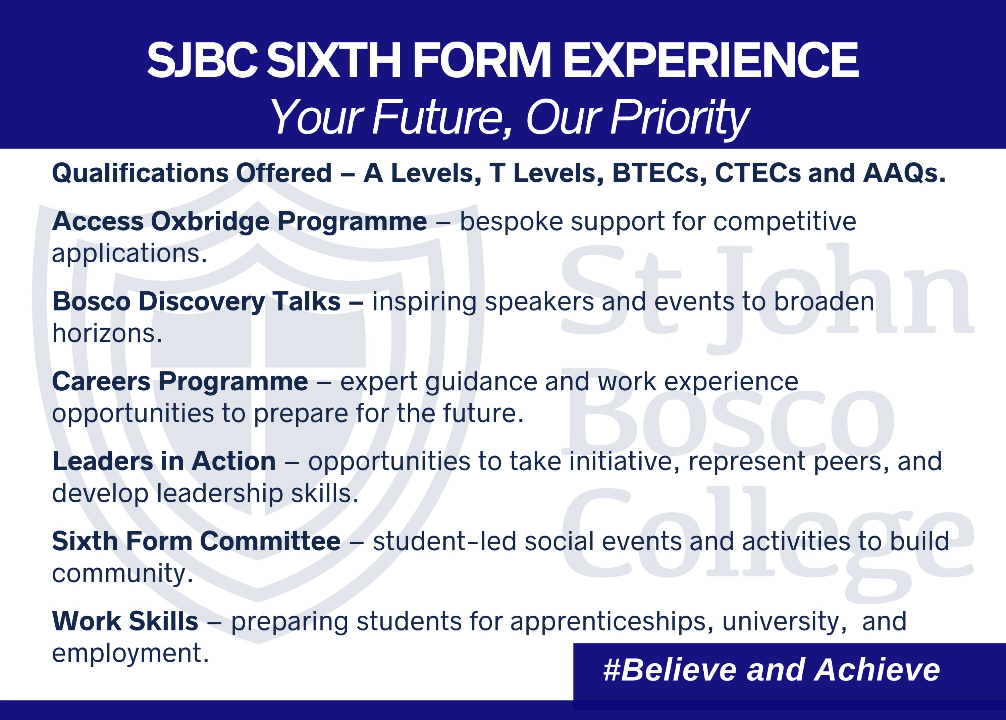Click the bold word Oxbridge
pyautogui.click(x=210, y=221)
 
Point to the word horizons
pyautogui.click(x=107, y=333)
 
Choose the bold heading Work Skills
pyautogui.click(x=125, y=621)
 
